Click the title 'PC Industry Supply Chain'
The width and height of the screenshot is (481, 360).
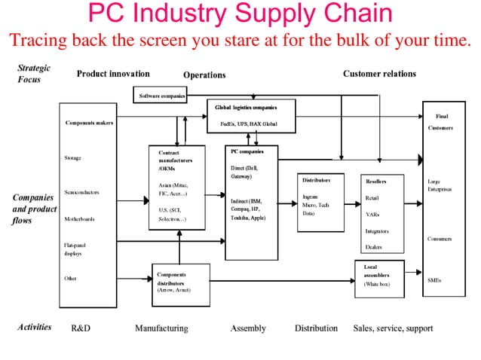coord(240,14)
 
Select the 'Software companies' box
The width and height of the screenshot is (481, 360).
coord(161,96)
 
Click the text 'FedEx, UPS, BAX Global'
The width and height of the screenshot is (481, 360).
coord(248,123)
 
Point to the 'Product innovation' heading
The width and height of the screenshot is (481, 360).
coord(113,74)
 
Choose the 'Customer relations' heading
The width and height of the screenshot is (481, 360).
coord(378,74)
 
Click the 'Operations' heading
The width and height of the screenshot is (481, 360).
coord(204,75)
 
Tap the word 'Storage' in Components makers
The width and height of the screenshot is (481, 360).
coord(73,158)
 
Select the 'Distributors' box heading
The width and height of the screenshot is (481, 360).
coord(317,181)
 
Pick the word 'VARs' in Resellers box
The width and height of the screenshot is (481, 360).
coord(372,214)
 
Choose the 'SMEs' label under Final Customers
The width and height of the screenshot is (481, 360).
coord(434,280)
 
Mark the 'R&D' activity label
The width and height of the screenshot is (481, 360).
coord(81,328)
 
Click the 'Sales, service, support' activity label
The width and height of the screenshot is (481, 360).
coord(393,328)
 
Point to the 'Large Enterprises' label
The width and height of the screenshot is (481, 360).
coord(439,185)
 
